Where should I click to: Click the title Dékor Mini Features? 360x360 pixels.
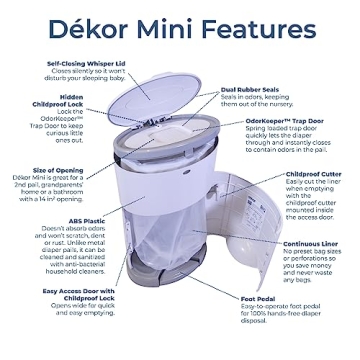point(179,23)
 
